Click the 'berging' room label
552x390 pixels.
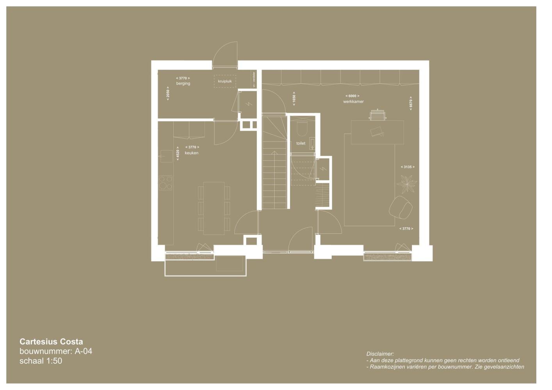(x=183, y=83)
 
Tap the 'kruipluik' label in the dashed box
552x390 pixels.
(x=225, y=81)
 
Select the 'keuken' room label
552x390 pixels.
(x=191, y=153)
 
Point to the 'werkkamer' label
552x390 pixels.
(x=353, y=101)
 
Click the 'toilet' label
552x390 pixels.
(x=301, y=143)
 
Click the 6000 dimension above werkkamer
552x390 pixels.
(x=353, y=96)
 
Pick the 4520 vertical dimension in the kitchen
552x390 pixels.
(x=178, y=154)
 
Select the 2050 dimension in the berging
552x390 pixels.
(x=168, y=93)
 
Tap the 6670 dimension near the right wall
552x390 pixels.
(x=411, y=103)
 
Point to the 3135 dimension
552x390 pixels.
(x=408, y=167)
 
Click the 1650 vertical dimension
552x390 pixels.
(x=294, y=99)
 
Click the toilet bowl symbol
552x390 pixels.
(x=302, y=129)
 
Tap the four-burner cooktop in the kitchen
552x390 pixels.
(x=166, y=183)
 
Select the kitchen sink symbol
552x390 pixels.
(x=166, y=156)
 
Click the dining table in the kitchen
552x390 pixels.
(x=214, y=208)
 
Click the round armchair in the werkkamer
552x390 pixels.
(x=401, y=207)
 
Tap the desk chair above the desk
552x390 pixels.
(x=377, y=115)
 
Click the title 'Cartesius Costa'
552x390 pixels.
(x=51, y=342)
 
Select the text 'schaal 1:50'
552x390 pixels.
(x=41, y=361)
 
